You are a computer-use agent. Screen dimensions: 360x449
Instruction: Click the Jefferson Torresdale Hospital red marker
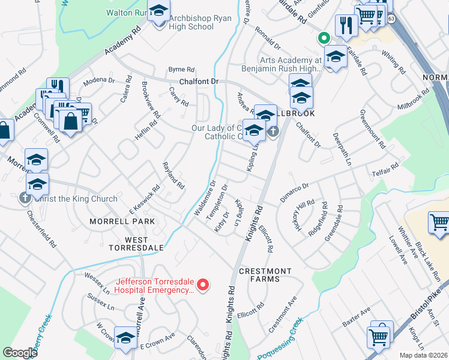(203, 284)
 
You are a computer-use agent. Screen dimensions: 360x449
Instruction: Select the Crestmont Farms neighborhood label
(268, 275)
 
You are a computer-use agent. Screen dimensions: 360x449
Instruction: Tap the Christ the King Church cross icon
(25, 198)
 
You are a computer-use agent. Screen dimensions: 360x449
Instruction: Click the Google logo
(20, 353)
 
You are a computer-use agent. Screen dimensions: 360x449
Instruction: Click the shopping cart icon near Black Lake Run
(439, 222)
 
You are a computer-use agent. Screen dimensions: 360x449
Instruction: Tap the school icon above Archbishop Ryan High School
(158, 11)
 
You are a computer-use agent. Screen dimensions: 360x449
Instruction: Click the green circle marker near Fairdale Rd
(324, 38)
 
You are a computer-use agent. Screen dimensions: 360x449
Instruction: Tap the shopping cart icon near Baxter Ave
(378, 337)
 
